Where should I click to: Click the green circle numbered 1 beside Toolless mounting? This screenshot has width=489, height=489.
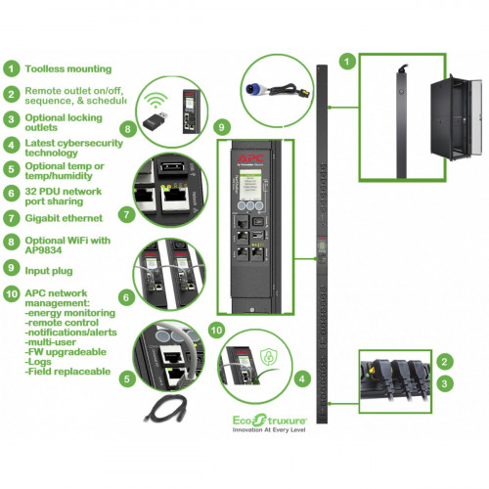coord(11,69)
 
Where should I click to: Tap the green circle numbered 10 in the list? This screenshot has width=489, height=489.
coord(11,291)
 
